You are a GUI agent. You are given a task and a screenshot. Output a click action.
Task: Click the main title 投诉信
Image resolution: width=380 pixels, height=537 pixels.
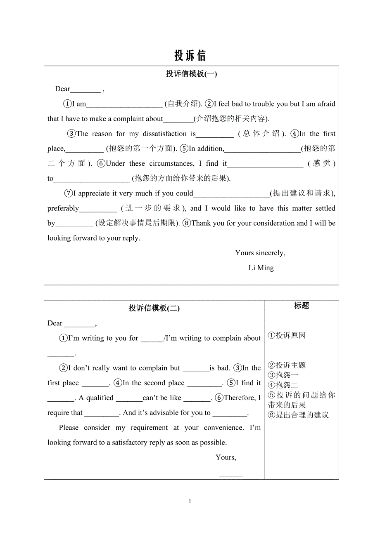(190, 55)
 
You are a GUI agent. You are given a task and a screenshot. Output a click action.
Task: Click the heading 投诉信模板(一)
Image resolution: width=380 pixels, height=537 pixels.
(191, 74)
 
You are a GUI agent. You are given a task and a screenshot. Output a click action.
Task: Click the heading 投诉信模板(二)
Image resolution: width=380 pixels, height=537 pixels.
(154, 308)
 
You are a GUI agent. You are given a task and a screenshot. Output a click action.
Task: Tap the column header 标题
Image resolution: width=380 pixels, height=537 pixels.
(302, 306)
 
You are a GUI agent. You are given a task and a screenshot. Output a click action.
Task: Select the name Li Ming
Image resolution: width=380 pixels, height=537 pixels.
(261, 268)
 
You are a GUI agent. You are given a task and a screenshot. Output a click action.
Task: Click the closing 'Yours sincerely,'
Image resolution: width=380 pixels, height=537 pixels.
(260, 253)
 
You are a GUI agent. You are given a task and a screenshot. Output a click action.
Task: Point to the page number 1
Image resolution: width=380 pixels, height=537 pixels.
(190, 501)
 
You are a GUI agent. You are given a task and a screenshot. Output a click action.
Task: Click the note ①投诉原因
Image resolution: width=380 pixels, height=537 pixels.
(287, 335)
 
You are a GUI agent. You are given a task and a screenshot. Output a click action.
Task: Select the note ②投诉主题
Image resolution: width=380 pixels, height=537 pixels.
(287, 365)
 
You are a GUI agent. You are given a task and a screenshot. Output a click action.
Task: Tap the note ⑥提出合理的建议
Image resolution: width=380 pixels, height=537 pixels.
(298, 415)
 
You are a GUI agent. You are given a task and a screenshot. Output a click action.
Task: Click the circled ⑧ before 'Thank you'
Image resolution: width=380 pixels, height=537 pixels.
(186, 223)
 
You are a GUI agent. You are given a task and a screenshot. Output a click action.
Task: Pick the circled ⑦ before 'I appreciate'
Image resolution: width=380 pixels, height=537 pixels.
(68, 193)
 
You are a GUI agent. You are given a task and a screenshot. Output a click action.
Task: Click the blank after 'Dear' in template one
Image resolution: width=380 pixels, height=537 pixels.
(85, 89)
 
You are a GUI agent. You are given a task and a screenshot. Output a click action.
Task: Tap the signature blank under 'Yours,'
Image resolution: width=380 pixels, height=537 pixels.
(230, 474)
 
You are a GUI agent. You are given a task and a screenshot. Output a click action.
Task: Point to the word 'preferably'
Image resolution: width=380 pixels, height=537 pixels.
(63, 208)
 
